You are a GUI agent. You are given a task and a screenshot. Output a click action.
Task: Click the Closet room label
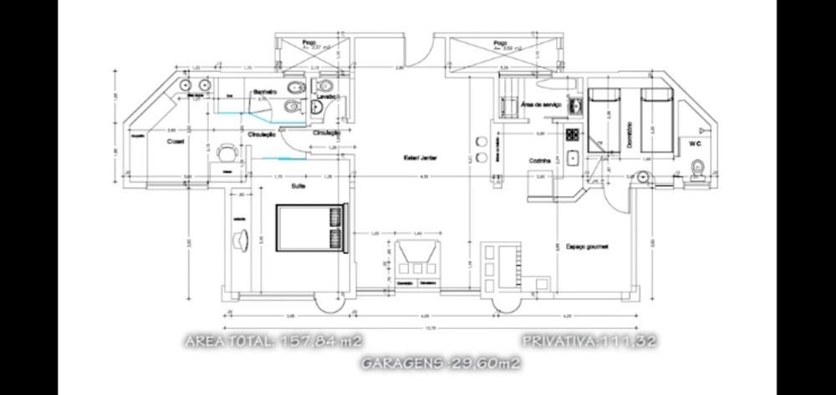(175, 142)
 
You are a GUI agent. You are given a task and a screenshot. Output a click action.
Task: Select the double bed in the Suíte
(310, 227)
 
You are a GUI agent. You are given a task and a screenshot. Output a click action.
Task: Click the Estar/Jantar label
(422, 158)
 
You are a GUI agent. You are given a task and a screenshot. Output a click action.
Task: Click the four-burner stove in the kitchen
(573, 134)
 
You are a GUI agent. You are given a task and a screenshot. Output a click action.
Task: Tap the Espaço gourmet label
(586, 247)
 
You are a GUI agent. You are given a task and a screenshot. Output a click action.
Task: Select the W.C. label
(695, 144)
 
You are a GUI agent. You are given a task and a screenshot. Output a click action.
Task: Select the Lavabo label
(325, 98)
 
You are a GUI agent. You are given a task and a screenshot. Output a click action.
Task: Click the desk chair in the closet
(226, 153)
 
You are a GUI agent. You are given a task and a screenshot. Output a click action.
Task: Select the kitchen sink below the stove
(573, 158)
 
